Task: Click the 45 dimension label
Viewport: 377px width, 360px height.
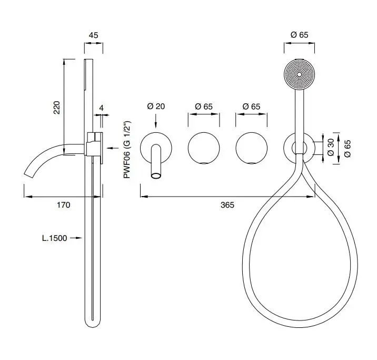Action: [93, 35]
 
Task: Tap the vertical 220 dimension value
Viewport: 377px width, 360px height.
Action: [56, 108]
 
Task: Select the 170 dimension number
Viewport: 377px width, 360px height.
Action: [64, 205]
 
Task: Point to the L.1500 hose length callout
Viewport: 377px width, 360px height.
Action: [54, 238]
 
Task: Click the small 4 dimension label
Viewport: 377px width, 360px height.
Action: [101, 108]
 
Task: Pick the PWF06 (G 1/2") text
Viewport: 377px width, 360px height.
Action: [127, 150]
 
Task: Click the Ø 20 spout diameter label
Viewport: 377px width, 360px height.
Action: [156, 106]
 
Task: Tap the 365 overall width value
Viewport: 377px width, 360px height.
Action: [227, 205]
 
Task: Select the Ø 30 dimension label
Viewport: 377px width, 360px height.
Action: [331, 147]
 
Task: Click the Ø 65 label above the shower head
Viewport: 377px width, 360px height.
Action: [300, 35]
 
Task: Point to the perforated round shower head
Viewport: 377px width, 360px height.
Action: [300, 74]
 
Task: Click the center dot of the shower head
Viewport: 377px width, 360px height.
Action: [300, 74]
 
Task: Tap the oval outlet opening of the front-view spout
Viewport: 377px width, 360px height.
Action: [156, 176]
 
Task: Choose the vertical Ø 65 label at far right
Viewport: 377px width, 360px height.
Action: [347, 149]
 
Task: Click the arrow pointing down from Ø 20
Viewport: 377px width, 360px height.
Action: [156, 121]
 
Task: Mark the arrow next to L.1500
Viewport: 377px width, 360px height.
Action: [76, 238]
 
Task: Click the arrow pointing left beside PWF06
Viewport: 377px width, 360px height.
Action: [113, 148]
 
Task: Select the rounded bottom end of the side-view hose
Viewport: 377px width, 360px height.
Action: [93, 324]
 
